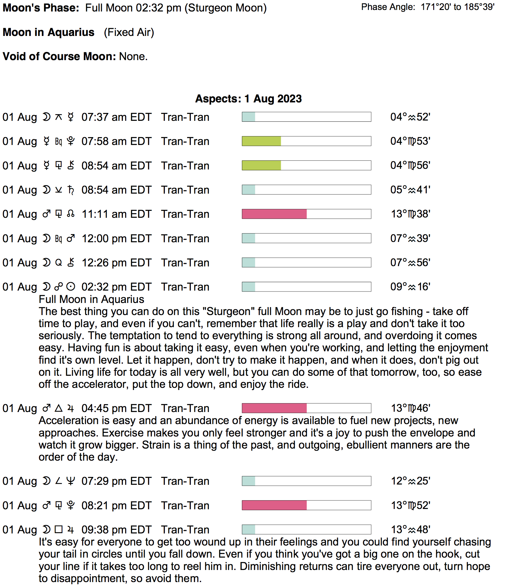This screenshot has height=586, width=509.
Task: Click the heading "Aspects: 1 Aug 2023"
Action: pyautogui.click(x=248, y=99)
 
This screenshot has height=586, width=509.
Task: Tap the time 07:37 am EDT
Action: pyautogui.click(x=116, y=117)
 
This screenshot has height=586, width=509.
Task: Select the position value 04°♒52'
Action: pyautogui.click(x=410, y=117)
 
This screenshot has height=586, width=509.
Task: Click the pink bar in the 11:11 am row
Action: pyautogui.click(x=274, y=214)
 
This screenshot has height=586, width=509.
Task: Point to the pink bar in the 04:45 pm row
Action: pyautogui.click(x=274, y=408)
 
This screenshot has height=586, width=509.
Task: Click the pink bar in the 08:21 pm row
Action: pyautogui.click(x=274, y=505)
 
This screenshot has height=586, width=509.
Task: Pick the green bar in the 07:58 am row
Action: pyautogui.click(x=261, y=141)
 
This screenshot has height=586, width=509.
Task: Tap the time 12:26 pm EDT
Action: pyautogui.click(x=116, y=263)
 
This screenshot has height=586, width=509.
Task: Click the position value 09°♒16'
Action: pyautogui.click(x=410, y=287)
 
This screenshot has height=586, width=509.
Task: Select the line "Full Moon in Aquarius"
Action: pyautogui.click(x=91, y=299)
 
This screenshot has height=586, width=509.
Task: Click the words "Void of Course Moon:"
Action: pyautogui.click(x=59, y=56)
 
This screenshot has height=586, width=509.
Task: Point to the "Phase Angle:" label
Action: pyautogui.click(x=388, y=7)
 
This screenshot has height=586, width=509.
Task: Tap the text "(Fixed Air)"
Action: pyautogui.click(x=129, y=32)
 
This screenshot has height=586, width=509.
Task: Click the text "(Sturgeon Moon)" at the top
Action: pyautogui.click(x=226, y=8)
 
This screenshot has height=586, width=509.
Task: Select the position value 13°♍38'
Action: pyautogui.click(x=410, y=214)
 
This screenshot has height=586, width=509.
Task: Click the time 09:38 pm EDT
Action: pyautogui.click(x=116, y=530)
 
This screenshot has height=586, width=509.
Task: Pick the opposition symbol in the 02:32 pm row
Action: pyautogui.click(x=59, y=286)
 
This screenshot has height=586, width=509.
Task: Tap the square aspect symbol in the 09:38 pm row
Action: pyautogui.click(x=59, y=529)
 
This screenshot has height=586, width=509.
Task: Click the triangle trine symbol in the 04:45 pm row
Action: pyautogui.click(x=59, y=408)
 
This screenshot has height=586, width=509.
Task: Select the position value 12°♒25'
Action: pyautogui.click(x=410, y=481)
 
